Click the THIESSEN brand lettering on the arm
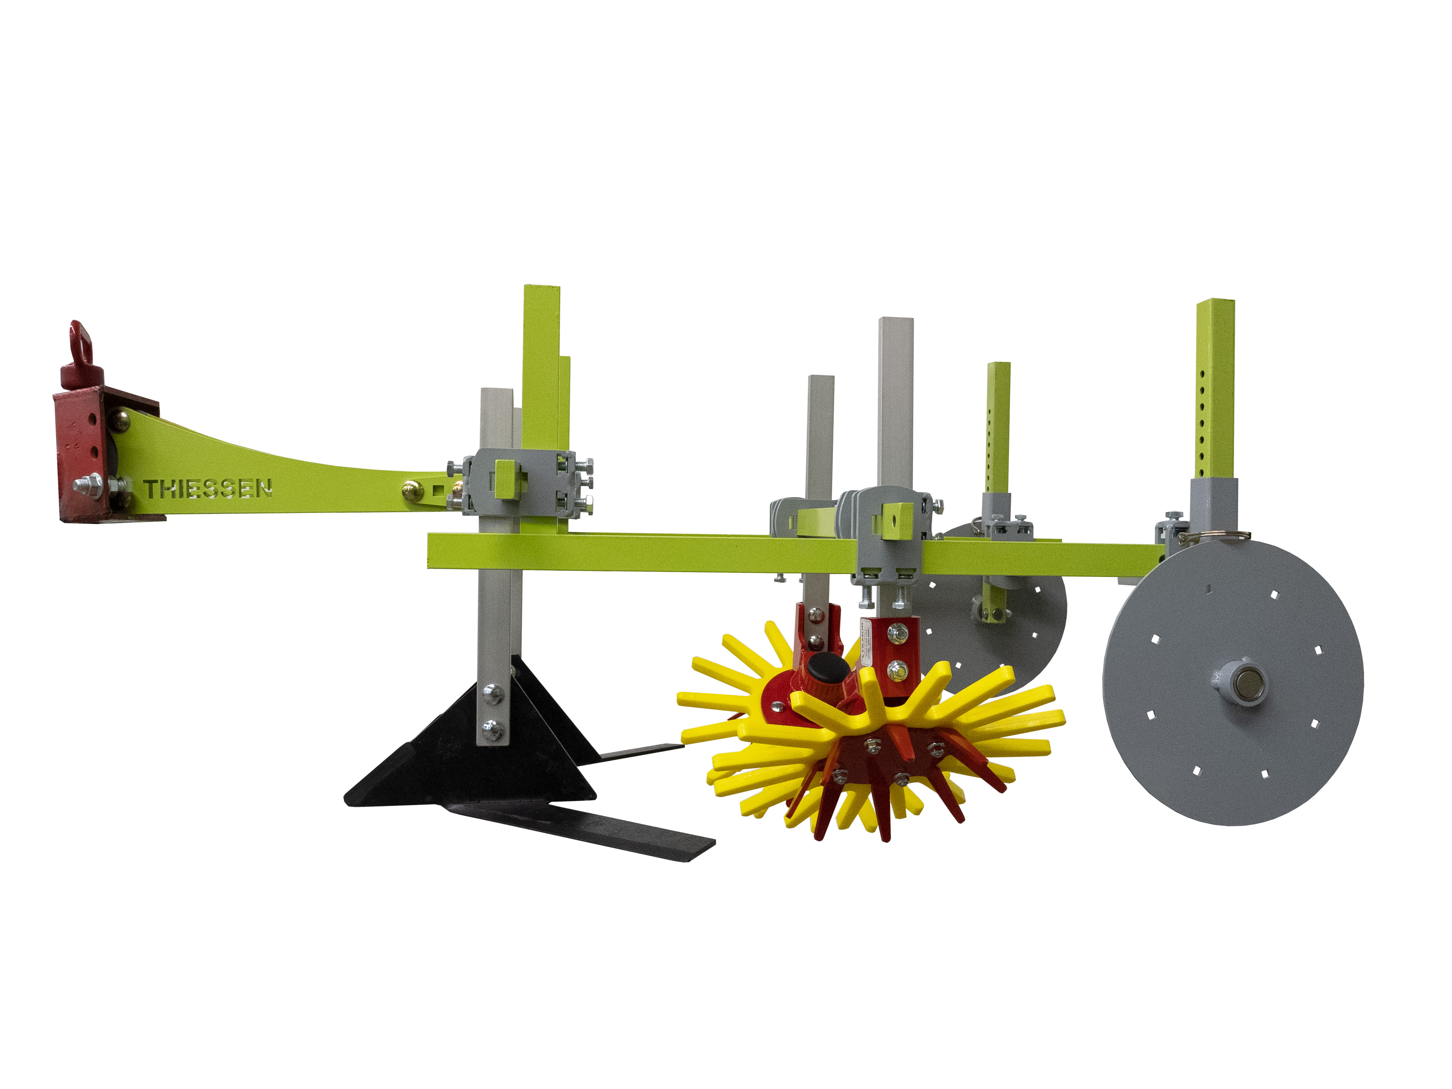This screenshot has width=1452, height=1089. click(208, 489)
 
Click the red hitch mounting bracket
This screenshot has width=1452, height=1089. click(79, 453)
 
